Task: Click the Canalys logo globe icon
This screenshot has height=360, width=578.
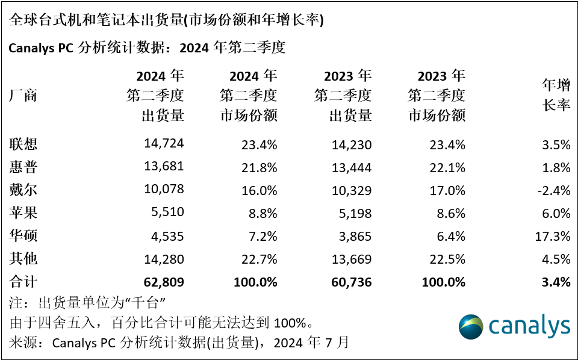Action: [x=471, y=326]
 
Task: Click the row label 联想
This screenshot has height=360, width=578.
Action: [x=23, y=144]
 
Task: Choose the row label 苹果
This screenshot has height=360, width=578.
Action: [x=23, y=213]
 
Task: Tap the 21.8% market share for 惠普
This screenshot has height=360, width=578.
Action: [x=256, y=167]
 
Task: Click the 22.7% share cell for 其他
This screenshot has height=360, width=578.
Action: [x=256, y=259]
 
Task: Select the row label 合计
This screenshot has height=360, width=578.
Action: [x=23, y=282]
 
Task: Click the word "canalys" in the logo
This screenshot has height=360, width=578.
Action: [x=529, y=326]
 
